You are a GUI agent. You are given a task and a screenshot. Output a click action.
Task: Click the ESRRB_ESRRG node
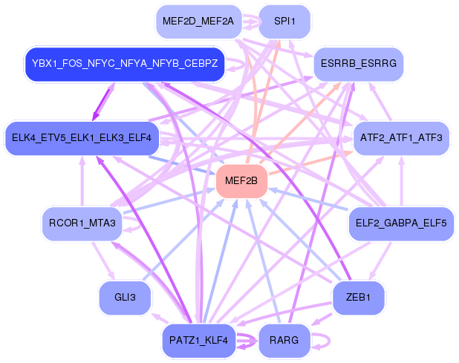click(x=359, y=64)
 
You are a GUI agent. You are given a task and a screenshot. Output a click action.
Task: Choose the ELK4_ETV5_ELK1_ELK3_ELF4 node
click(x=82, y=138)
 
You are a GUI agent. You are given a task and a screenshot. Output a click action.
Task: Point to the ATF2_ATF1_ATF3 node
click(x=400, y=138)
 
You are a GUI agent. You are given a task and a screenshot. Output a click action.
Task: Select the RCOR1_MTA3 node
click(x=82, y=223)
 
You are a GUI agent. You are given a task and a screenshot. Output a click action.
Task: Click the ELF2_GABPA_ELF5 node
click(x=400, y=223)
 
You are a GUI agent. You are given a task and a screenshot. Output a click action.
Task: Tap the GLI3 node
click(x=125, y=298)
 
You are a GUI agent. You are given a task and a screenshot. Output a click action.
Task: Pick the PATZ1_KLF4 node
click(x=199, y=341)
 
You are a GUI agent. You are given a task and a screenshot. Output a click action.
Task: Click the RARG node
click(x=284, y=341)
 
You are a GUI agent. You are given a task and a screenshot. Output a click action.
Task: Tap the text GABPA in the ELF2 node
click(x=401, y=223)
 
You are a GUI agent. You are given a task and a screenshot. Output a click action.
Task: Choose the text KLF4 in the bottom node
click(x=216, y=341)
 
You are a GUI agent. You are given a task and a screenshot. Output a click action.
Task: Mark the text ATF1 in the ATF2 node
click(x=401, y=138)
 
